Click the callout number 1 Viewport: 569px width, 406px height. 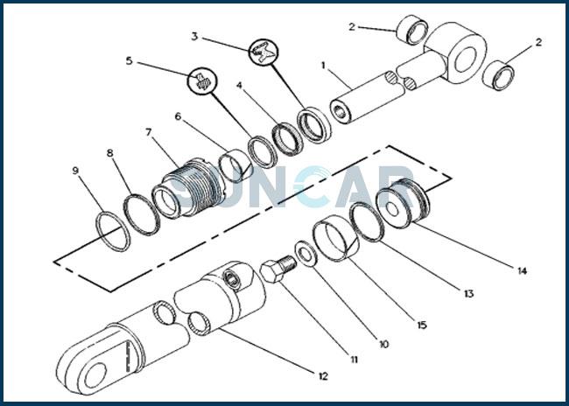point(323,66)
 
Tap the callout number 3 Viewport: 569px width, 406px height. point(195,37)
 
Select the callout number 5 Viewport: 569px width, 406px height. point(130,60)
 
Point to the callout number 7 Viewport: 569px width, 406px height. point(149,132)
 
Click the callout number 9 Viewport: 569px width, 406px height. point(75,171)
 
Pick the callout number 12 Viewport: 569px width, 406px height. point(323,376)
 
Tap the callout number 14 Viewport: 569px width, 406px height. point(522,270)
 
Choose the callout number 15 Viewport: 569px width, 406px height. point(422,325)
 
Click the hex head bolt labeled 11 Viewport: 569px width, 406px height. point(278,269)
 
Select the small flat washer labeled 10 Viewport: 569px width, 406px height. point(306,254)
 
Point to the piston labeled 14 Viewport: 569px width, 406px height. point(403,204)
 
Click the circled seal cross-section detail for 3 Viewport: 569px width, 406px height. point(263,52)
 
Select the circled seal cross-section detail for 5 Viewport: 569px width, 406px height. point(202,82)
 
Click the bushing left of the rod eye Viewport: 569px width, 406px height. point(412,30)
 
